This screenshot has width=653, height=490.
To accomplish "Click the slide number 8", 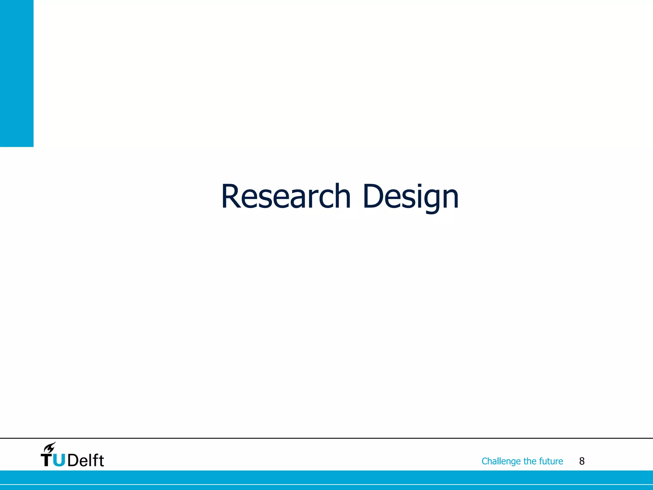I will point(582,461).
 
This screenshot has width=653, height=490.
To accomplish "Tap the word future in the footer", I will point(551,461).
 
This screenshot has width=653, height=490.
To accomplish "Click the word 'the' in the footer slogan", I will point(530,461).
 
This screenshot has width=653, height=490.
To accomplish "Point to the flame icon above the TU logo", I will point(50,447).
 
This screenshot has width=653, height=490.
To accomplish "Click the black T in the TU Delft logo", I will point(47,460).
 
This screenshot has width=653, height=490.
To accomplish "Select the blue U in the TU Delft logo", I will point(59,460).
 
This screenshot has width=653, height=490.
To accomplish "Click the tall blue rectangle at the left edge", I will point(17,73).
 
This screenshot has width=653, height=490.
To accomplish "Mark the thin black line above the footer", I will point(326,438).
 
